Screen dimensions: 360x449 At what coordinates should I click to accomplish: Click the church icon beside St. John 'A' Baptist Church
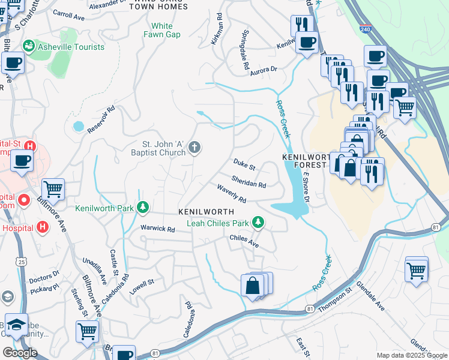[194, 148]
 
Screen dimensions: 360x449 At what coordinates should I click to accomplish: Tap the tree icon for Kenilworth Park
[142, 208]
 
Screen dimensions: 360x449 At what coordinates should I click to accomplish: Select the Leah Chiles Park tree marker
[258, 223]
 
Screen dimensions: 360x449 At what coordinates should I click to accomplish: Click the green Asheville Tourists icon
[28, 47]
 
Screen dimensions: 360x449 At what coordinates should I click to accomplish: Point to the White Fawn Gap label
[161, 30]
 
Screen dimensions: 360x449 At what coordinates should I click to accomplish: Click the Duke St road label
[244, 164]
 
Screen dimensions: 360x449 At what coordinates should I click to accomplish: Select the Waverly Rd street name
[231, 193]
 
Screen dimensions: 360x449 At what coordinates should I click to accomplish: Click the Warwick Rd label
[157, 229]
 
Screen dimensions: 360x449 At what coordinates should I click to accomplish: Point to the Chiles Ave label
[244, 241]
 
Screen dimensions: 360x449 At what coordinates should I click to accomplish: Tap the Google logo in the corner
[19, 352]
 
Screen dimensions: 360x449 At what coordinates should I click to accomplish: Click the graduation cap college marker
[17, 324]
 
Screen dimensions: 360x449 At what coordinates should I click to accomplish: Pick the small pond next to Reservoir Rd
[78, 127]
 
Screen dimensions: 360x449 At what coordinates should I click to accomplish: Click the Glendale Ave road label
[370, 296]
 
